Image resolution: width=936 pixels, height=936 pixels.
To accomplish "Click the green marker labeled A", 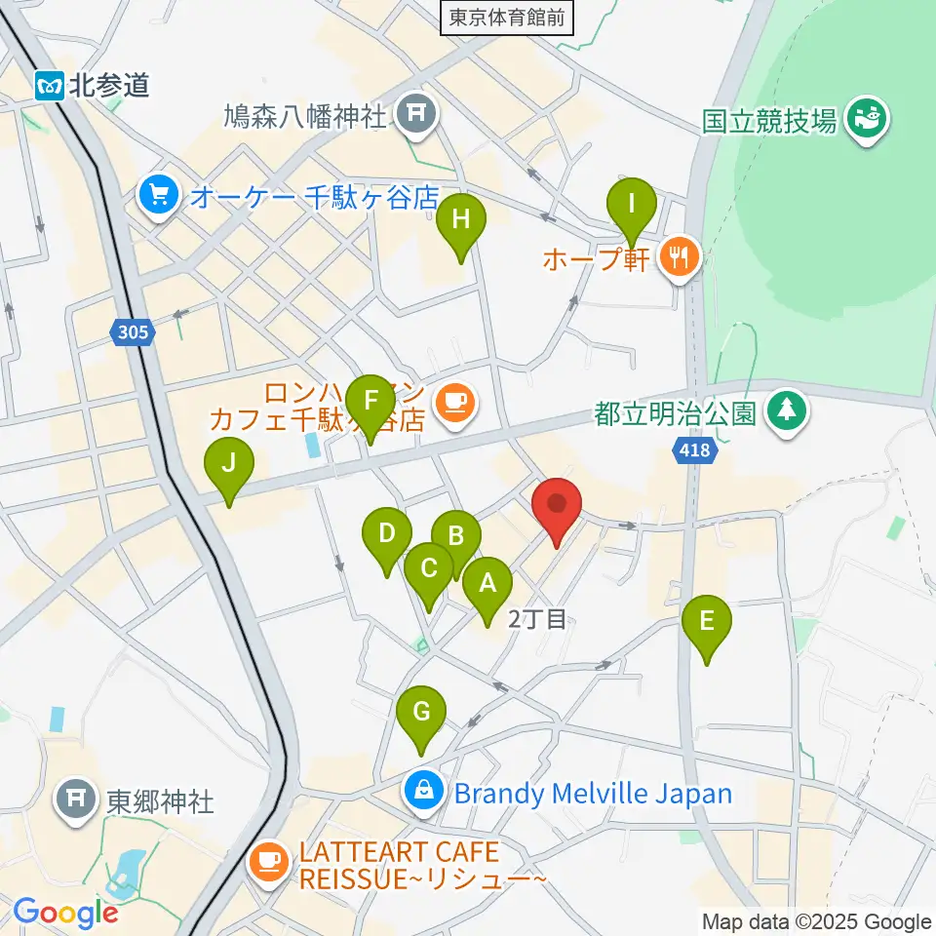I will coord(487,585).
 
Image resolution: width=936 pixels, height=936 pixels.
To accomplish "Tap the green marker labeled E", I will coord(707,622).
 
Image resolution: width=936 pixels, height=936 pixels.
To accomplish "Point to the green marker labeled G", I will coord(421,713).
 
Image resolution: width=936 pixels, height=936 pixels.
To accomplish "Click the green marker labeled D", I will coord(387,535).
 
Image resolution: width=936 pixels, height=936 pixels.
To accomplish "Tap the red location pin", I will coord(557,506).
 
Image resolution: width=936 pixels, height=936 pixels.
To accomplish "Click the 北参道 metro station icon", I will coord(50,86).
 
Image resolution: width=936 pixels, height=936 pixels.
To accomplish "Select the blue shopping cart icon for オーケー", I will coord(156,196).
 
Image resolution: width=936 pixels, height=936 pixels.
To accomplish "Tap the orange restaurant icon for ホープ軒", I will coord(677,257).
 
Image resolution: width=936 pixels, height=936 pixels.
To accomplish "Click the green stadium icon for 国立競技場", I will coord(864,120).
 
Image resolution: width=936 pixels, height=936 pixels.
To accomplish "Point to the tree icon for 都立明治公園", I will coord(786,409).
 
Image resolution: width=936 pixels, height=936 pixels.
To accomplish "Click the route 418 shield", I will coord(694,450).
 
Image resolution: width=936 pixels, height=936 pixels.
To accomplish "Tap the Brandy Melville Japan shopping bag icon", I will coord(424,791).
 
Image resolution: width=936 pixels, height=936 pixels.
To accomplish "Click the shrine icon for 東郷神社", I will coord(77,800).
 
